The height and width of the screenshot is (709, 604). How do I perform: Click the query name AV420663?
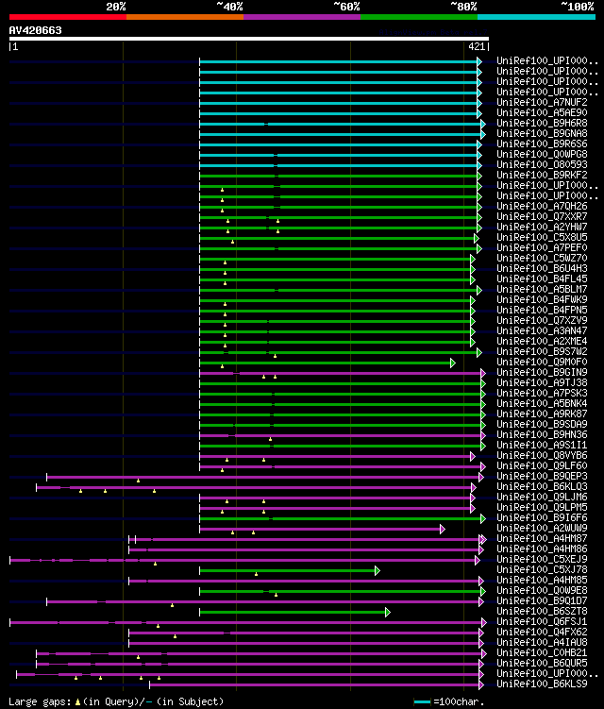pos(36,30)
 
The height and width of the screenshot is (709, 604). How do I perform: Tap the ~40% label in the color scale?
pos(229,7)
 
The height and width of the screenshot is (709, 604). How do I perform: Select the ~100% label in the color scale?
pos(577,7)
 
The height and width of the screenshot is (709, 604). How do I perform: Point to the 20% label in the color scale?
pos(116,7)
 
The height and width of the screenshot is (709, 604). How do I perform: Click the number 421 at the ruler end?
pos(477,45)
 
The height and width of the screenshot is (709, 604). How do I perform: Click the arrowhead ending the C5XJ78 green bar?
pos(377,570)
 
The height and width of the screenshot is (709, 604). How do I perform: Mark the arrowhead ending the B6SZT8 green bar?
pos(387,612)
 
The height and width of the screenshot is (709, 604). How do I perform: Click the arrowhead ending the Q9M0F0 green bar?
pos(452,363)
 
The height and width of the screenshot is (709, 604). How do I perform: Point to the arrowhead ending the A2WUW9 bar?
pos(442,529)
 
